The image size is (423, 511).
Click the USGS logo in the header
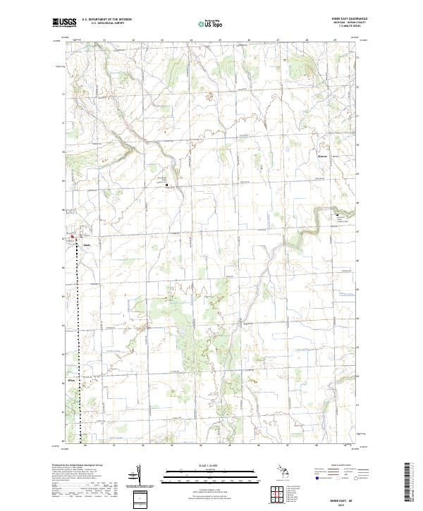coord(64,23)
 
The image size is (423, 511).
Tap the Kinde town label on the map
coord(87,245)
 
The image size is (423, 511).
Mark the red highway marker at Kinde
coord(71,237)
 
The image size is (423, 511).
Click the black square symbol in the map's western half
coord(167,185)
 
